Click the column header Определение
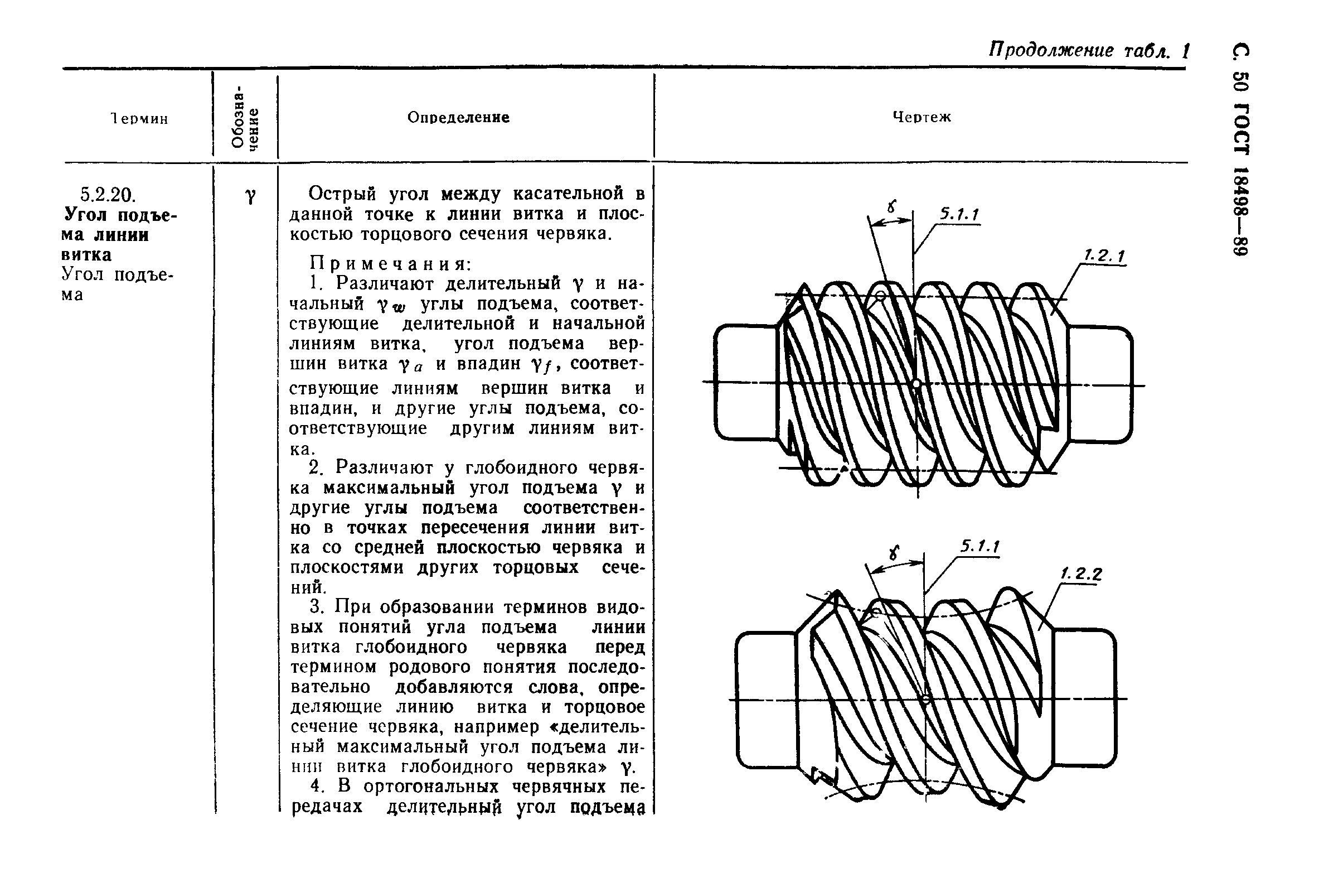[x=458, y=118]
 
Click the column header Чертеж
[x=921, y=118]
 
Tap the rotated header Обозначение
[x=245, y=117]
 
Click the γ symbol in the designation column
[x=250, y=196]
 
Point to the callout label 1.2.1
[x=1104, y=256]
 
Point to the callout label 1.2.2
[x=1081, y=574]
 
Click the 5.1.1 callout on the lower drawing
[x=979, y=547]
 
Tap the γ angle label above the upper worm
[x=892, y=206]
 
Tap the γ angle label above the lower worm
[x=895, y=552]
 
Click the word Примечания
[x=390, y=263]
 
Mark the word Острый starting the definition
[x=342, y=194]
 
